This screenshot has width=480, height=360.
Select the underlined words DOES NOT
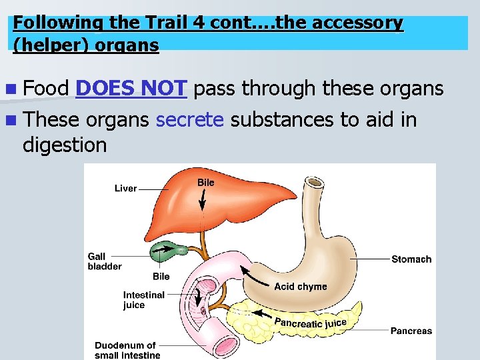[x=132, y=89]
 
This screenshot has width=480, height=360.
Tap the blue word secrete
[x=189, y=120]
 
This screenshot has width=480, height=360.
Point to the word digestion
[x=64, y=144]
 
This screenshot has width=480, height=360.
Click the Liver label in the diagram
[x=125, y=189]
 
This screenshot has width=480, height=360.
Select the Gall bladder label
[x=104, y=261]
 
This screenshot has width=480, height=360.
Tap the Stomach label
[x=411, y=259]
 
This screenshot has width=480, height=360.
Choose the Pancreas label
[x=411, y=331]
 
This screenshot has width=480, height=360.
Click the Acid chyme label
[x=301, y=287]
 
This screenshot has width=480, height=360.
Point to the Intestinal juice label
[x=143, y=300]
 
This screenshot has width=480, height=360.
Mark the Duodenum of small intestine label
[x=127, y=350]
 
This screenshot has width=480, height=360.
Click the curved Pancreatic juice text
[x=311, y=323]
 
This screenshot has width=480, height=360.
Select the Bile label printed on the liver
[x=206, y=182]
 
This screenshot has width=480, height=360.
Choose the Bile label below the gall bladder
[x=161, y=277]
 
